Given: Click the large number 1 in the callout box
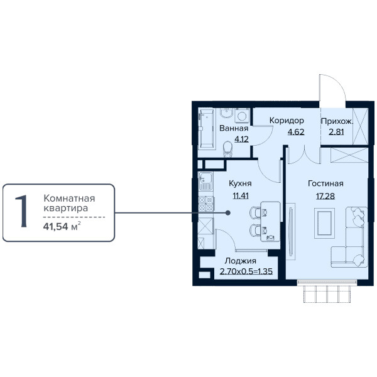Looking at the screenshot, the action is coord(21,211).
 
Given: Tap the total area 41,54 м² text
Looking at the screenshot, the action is coord(62,226).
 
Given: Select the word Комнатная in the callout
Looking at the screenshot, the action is coord(69,199).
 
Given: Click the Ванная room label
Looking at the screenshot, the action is coord(234,128).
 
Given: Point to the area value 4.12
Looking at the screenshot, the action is coord(241,139).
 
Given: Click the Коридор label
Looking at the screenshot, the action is coord(287,121).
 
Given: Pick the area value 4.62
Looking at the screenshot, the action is coord(296,132).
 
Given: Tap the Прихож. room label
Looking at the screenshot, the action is coord(337,121).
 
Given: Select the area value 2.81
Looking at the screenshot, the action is coord(336,132).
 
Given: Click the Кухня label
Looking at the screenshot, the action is coord(240,183).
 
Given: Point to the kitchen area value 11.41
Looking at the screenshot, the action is coord(241,196).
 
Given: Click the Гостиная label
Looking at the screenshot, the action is coord(325,183).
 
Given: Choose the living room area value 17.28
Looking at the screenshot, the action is coord(325,196).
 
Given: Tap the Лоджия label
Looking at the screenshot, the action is coord(241,261).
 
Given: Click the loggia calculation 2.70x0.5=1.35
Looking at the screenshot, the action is coord(246,271).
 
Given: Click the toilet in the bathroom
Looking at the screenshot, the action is coord(227,149).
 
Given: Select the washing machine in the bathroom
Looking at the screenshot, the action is coord(241,116).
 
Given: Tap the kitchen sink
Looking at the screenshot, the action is coord(205,181).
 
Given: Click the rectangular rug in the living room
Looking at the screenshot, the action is coord(324,223).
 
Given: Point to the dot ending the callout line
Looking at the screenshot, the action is coord(228,213).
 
